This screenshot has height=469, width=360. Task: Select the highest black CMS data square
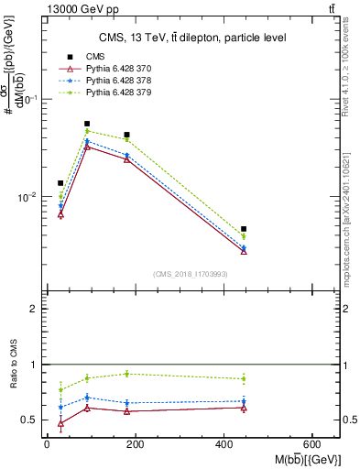(x=87, y=124)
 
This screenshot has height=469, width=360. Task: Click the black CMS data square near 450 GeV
(x=244, y=229)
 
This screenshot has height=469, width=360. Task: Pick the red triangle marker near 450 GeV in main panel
(x=244, y=251)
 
